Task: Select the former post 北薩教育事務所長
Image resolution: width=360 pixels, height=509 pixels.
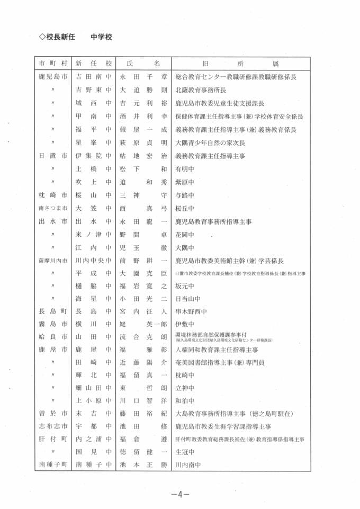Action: click(204, 90)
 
